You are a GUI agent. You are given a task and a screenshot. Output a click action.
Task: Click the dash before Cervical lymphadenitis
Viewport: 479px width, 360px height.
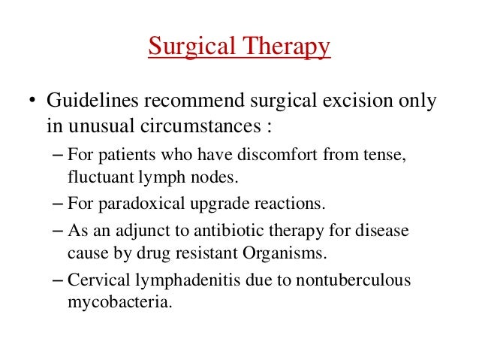tap(59, 279)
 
